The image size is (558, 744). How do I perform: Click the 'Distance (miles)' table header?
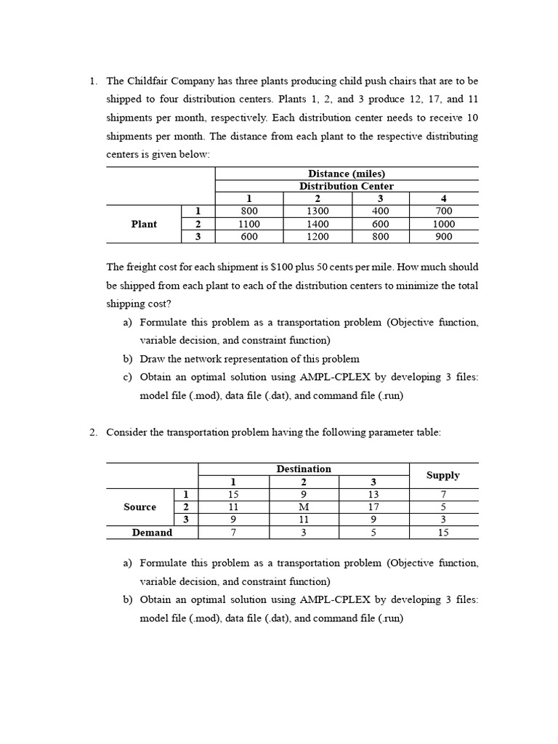(x=347, y=174)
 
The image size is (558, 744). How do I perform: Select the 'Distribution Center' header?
(x=347, y=186)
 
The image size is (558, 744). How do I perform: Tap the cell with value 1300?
(x=318, y=211)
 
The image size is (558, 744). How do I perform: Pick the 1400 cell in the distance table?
(x=318, y=224)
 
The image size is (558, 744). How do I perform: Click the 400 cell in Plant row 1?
(x=381, y=211)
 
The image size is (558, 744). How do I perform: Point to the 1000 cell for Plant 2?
(x=443, y=224)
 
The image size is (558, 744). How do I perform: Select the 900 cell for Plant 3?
(x=443, y=236)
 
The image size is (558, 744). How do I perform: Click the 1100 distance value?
(x=249, y=224)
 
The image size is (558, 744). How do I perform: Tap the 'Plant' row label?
(x=144, y=224)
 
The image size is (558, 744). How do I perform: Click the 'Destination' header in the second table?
(x=304, y=469)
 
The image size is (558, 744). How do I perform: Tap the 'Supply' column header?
(x=443, y=475)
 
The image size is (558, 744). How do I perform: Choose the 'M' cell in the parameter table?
(x=304, y=506)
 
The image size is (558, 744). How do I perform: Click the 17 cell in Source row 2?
(x=373, y=506)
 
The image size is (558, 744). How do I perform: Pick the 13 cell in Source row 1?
(x=373, y=494)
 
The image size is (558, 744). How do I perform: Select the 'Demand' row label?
(x=152, y=533)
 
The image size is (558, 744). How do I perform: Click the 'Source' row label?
(x=139, y=506)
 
